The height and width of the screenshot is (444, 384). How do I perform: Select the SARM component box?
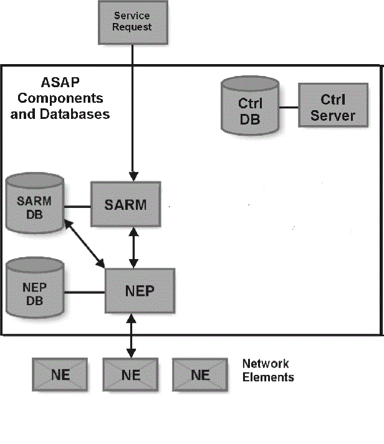coord(125,204)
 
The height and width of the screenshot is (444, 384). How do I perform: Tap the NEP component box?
coord(140,291)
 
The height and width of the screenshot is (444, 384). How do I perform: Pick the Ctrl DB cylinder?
coord(250,108)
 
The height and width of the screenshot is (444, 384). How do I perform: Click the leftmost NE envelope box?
coord(60,375)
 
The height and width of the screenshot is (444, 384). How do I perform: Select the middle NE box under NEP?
coord(130,375)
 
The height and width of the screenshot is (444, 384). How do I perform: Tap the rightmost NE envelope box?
coord(200,375)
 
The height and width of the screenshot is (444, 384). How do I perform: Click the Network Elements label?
coord(267,370)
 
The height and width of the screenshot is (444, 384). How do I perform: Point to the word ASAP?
coord(60,83)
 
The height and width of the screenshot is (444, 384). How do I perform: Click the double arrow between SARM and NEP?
coord(132,247)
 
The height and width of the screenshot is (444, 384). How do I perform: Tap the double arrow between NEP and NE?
coord(130,336)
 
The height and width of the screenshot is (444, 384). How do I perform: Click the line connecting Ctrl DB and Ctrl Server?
coord(289,108)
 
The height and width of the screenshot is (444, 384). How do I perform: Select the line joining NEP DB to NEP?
coord(84,291)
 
